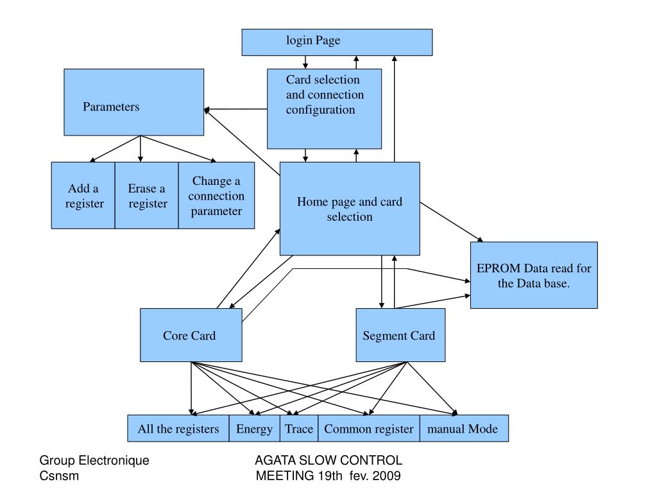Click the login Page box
tap(337, 42)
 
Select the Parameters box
tap(133, 103)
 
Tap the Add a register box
tap(83, 196)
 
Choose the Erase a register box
tap(146, 196)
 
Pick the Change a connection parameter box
tap(216, 196)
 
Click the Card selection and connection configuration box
tap(324, 109)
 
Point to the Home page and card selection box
tap(350, 209)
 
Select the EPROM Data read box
tap(533, 275)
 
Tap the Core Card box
tap(191, 335)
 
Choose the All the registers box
tap(178, 429)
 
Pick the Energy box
tap(254, 429)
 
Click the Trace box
tap(299, 429)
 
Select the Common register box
tap(368, 429)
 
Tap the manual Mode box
tap(463, 429)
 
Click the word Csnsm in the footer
tap(59, 476)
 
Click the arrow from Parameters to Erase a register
tap(141, 149)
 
